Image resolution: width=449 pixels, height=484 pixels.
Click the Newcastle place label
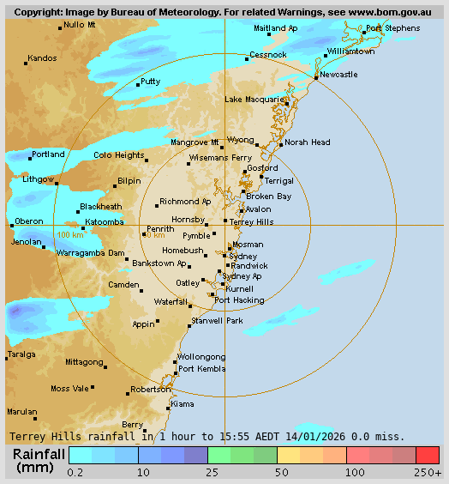[338, 75]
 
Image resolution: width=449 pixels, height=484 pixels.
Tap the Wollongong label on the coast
[201, 357]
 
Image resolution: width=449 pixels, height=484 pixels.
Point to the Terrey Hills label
[252, 221]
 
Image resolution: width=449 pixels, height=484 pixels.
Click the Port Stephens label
[392, 28]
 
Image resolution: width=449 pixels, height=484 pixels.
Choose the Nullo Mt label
[80, 25]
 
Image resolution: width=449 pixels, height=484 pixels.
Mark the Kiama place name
[183, 403]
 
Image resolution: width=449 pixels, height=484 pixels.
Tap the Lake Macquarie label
[254, 100]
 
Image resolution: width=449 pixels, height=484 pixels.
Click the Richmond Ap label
[185, 202]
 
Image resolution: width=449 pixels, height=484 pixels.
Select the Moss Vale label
[71, 389]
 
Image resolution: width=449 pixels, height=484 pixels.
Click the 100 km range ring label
[70, 234]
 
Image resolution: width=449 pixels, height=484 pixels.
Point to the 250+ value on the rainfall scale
[428, 472]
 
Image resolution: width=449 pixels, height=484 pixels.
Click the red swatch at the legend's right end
[428, 455]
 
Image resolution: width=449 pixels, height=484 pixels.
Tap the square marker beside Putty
[138, 84]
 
